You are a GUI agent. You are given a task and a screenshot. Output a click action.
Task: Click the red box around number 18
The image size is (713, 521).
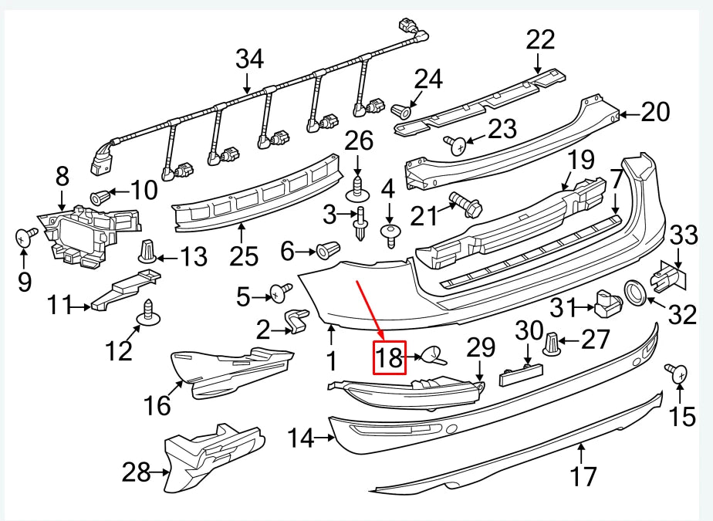point(390,357)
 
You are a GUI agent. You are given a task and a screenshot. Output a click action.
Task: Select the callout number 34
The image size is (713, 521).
point(249,58)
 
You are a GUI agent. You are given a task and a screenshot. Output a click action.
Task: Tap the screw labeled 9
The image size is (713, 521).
point(28,236)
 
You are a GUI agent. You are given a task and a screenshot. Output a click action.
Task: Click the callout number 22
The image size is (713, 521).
point(541,39)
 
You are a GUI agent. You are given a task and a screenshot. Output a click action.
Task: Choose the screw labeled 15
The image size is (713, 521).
point(679,374)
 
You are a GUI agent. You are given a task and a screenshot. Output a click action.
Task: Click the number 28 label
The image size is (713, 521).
point(137,471)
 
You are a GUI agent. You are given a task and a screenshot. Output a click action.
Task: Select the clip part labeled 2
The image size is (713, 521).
point(296,322)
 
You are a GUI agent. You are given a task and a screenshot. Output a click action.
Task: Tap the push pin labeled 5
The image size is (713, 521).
point(280,293)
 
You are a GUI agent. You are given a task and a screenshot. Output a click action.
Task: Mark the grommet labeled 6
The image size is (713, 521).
point(328,250)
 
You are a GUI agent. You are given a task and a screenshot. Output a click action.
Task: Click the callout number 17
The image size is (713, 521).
point(583,475)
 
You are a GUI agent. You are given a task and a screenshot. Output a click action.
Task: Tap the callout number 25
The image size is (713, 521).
point(241,251)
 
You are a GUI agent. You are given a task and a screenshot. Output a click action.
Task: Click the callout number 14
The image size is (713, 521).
point(301,439)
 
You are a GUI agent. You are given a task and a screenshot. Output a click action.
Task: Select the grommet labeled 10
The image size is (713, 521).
point(100,196)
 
